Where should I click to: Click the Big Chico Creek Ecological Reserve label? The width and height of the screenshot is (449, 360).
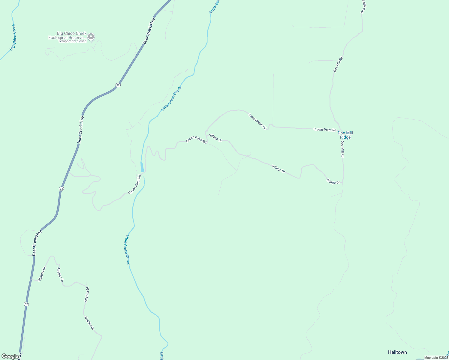point(68,35)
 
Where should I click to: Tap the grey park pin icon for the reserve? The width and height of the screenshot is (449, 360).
point(91,37)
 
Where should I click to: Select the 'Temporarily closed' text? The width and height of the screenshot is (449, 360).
point(72,41)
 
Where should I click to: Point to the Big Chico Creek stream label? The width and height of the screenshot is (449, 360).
point(12,37)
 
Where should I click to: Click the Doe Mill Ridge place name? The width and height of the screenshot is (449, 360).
point(345,135)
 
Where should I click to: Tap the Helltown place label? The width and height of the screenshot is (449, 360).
point(397,352)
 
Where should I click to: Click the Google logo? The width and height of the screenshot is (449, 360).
point(10,356)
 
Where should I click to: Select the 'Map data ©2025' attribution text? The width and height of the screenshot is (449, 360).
point(436,358)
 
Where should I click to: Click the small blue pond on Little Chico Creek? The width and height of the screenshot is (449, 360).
point(142,167)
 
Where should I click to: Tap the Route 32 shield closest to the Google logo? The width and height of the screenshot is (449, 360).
point(26,304)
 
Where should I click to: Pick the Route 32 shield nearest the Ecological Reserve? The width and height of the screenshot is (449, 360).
point(118,85)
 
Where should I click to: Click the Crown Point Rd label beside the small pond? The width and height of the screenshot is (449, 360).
point(135,184)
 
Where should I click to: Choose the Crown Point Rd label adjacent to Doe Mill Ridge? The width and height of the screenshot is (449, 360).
point(325,130)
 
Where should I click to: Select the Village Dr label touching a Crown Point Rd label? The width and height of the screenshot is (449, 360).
point(215,138)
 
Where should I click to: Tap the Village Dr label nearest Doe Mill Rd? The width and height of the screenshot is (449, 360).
point(333,181)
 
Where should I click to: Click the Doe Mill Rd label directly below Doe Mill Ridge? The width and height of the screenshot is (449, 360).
point(342,149)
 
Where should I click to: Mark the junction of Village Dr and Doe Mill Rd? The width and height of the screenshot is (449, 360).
point(342,182)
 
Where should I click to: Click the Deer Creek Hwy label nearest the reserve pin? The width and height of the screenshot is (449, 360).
point(149,31)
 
